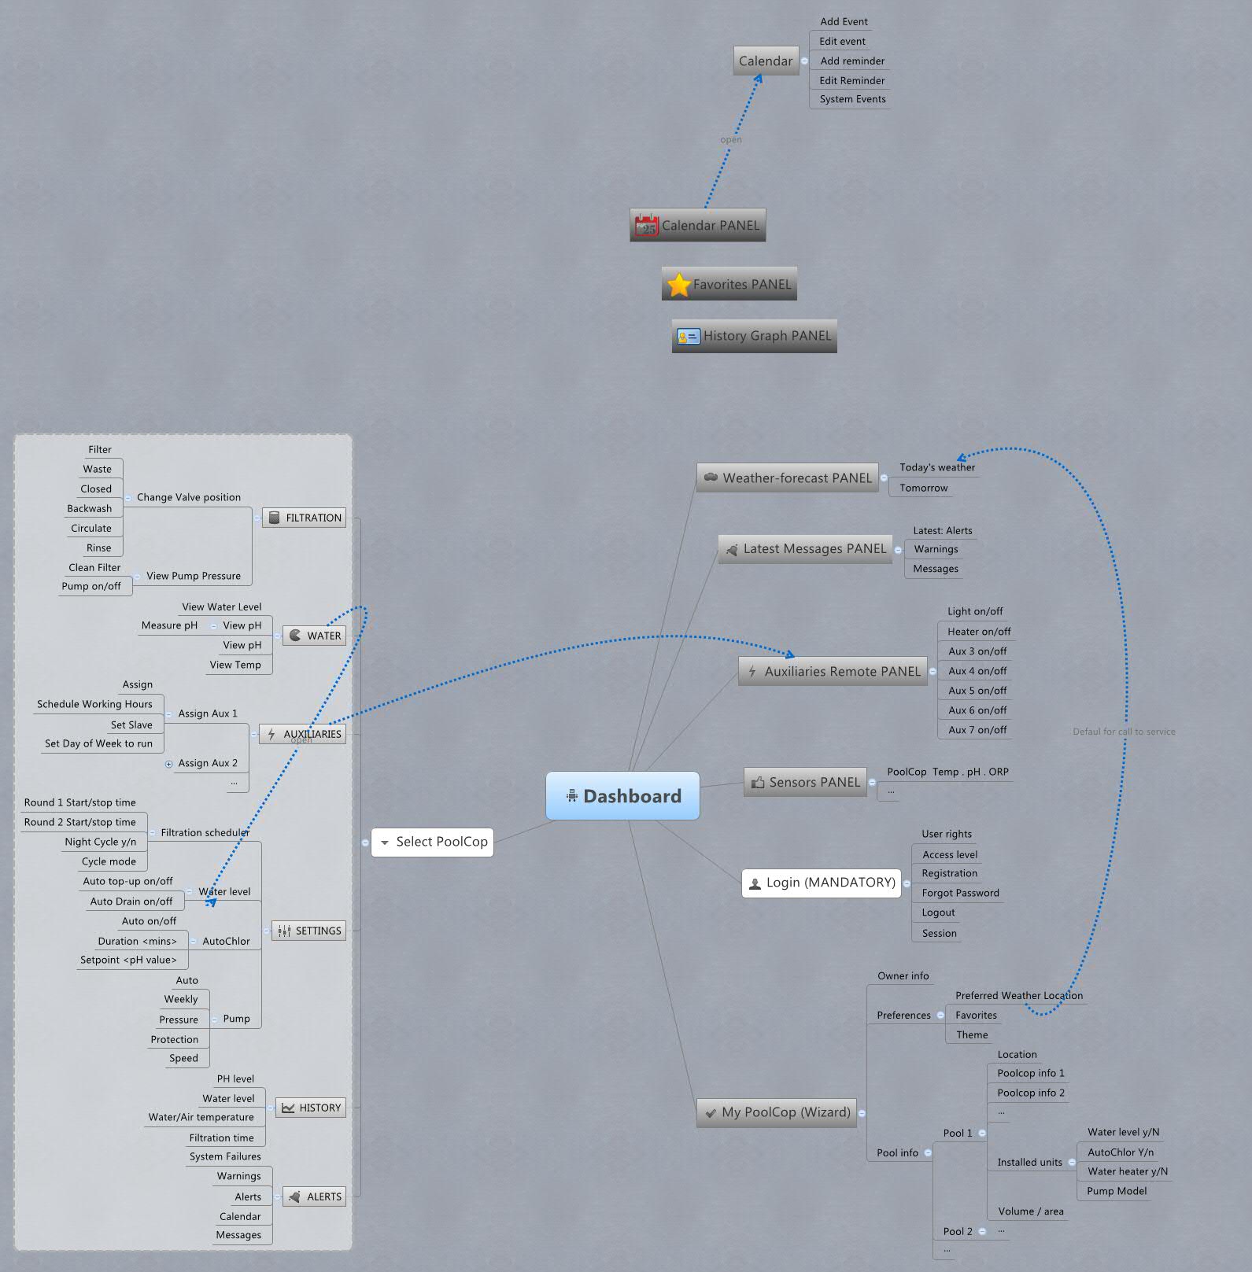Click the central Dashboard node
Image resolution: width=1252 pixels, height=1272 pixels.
click(622, 796)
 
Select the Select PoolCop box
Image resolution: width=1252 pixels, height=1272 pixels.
click(432, 842)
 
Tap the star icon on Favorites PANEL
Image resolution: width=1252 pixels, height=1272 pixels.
click(678, 285)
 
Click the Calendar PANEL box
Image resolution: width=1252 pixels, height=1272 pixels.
click(697, 226)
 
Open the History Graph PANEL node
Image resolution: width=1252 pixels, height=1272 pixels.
click(754, 336)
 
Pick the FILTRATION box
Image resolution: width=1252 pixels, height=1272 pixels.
click(304, 518)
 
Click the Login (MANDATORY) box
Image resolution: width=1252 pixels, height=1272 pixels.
click(822, 883)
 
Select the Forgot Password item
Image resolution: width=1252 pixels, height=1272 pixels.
click(960, 893)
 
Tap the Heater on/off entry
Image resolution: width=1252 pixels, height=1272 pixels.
click(978, 632)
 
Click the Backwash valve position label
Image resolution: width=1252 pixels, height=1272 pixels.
click(90, 509)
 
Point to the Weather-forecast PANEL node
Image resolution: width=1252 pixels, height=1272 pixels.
click(787, 477)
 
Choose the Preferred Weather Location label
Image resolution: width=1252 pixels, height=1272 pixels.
click(1018, 996)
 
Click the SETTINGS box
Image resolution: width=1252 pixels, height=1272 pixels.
click(308, 931)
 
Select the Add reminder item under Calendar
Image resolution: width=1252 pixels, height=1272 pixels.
click(851, 61)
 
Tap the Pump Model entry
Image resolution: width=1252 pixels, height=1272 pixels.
click(1116, 1191)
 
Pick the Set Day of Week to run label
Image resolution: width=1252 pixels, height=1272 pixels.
click(98, 743)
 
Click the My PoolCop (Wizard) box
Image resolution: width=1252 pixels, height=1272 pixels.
click(776, 1112)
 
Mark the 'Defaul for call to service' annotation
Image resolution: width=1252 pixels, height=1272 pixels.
click(1123, 732)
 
